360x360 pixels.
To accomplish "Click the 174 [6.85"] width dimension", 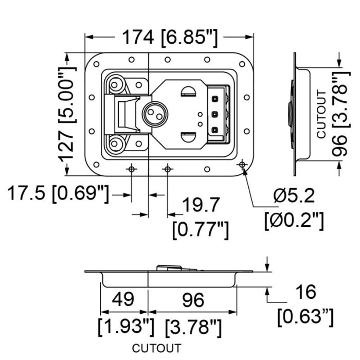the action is pos(170,38).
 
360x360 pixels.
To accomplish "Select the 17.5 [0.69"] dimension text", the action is pos(58,193).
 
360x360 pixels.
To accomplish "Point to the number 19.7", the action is pos(201,205).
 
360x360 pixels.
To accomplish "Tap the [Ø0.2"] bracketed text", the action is pos(294,221).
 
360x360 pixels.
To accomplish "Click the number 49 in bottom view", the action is pos(123,299).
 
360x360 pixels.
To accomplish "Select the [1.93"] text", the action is pos(126,327).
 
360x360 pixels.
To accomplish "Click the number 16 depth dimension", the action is pos(306,292).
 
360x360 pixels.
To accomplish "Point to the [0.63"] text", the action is pos(305,317).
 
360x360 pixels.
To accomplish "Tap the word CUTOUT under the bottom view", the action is pos(156,348).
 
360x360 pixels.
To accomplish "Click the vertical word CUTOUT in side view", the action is pos(321,114).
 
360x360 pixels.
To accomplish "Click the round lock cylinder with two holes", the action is pos(155,114).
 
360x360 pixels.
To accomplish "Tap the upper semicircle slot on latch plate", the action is pos(188,92).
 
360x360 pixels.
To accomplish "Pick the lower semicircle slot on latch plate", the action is pos(188,137).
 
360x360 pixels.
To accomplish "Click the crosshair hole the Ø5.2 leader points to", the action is pos(242,165).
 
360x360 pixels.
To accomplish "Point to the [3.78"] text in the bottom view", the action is pos(193,327).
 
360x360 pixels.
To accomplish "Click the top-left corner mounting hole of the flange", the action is pos(97,64).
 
